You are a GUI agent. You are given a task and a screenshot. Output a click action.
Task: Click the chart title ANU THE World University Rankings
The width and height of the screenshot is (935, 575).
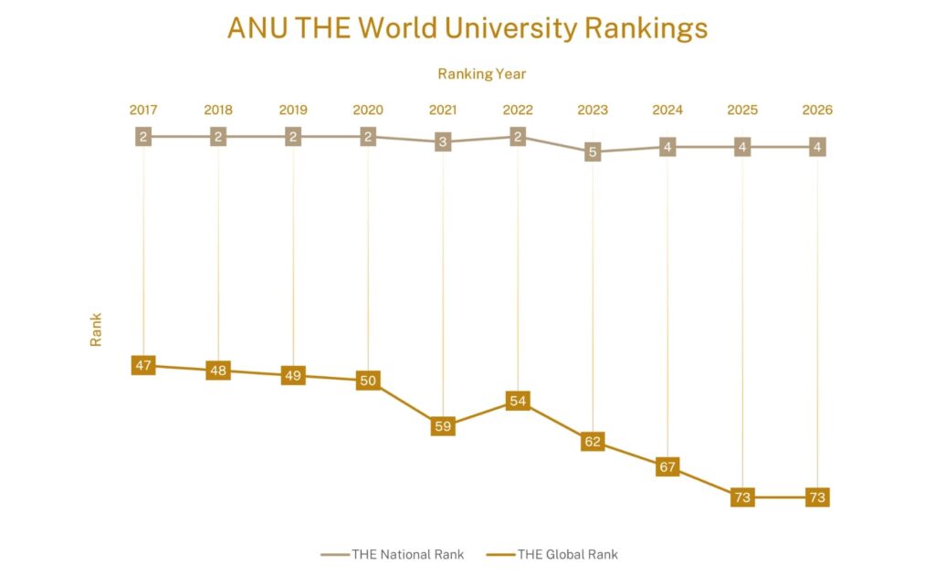[x=467, y=28]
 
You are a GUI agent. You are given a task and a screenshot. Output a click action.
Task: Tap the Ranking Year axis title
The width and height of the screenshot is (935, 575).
[x=481, y=74]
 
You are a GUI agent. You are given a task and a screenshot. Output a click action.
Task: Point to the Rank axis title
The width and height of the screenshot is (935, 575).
[x=95, y=329]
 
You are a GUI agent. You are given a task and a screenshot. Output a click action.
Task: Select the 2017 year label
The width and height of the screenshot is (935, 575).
[x=143, y=110]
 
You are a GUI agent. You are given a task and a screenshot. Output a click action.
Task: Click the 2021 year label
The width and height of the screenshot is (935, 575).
[x=443, y=110]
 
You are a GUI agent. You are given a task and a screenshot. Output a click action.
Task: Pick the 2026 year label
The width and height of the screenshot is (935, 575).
[x=817, y=110]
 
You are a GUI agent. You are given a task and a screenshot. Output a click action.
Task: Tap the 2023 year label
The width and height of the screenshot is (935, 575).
[x=593, y=110]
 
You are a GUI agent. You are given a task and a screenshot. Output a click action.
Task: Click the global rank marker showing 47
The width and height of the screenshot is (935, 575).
[x=143, y=365]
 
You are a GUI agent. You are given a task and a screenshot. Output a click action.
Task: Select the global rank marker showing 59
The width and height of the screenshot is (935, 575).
[x=443, y=424]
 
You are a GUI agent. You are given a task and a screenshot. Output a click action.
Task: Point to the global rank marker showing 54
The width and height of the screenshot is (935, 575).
[x=518, y=401]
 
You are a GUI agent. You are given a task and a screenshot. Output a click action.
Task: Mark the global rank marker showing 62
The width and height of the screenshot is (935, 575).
[x=593, y=442]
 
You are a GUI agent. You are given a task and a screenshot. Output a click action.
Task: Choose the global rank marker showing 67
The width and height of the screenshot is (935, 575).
[x=667, y=467]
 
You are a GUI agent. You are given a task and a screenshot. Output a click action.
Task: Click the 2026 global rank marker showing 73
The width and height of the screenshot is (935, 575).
[x=817, y=497]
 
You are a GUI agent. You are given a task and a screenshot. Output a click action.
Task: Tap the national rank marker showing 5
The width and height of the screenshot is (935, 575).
[x=593, y=152]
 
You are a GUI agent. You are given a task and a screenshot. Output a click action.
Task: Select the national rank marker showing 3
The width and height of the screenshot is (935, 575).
[x=443, y=142]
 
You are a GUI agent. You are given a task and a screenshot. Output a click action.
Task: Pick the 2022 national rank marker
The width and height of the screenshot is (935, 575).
[x=518, y=137]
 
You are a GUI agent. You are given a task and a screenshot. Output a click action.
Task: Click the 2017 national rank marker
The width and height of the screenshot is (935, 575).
[x=143, y=137]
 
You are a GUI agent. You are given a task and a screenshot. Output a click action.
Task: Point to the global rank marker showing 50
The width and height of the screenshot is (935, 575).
[x=368, y=381]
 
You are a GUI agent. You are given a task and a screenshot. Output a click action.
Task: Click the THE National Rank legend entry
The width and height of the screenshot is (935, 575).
[x=394, y=554]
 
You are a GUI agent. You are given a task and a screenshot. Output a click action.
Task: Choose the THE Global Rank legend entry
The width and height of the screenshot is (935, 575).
[x=552, y=554]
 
